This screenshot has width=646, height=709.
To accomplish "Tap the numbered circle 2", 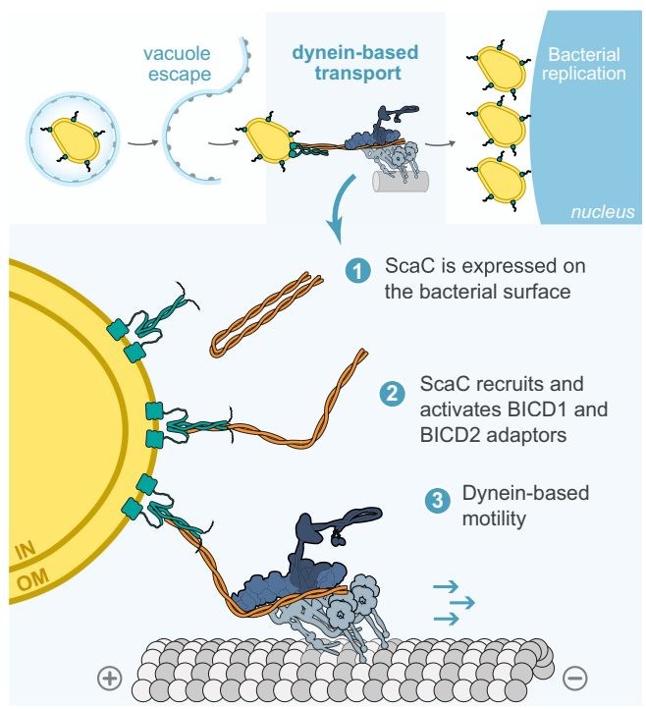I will pos(391,395).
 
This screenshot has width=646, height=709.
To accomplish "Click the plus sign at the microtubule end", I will pos(109,678).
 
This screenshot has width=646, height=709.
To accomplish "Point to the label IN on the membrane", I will pos(27,555).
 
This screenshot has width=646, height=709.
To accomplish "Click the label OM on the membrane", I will pos(32,583).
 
